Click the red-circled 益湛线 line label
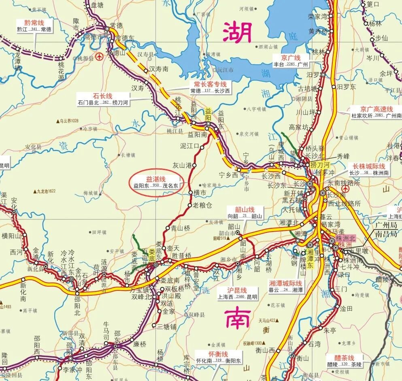click(x=156, y=179)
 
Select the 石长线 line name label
click(x=102, y=96)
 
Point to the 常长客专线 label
click(x=210, y=84)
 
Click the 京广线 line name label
click(x=291, y=57)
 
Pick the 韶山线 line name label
click(x=245, y=210)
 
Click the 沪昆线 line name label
click(x=237, y=290)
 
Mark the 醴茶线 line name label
click(x=344, y=358)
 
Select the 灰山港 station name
click(x=181, y=165)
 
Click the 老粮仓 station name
click(x=202, y=205)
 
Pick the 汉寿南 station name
click(x=159, y=69)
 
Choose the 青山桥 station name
click(x=180, y=228)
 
